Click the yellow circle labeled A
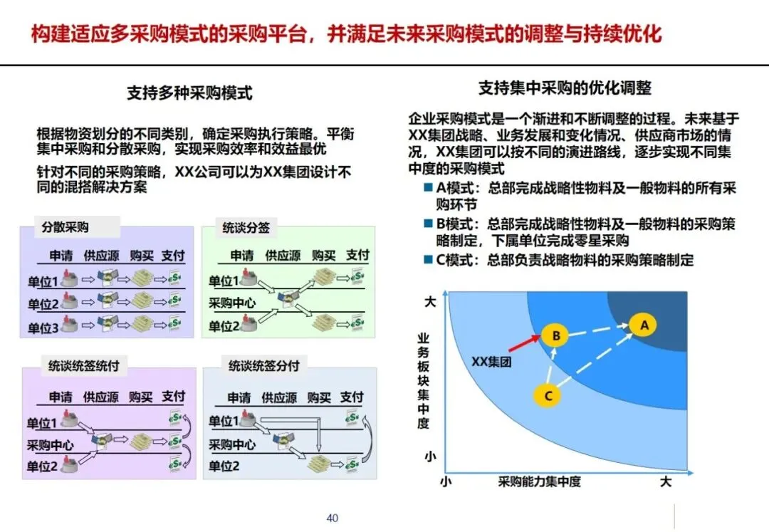(x=644, y=325)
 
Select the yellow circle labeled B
(x=555, y=335)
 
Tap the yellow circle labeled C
(x=548, y=395)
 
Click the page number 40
(x=333, y=518)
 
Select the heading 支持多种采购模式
(x=189, y=93)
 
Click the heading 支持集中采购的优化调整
(x=564, y=88)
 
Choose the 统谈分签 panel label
(x=240, y=229)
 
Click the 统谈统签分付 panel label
(x=263, y=366)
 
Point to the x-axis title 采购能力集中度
(x=540, y=481)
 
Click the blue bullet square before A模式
(x=428, y=187)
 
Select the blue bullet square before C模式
(x=428, y=259)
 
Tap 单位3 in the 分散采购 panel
(x=43, y=328)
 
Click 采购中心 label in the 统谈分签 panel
(x=232, y=303)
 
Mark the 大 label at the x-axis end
(x=665, y=481)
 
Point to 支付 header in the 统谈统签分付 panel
(x=352, y=397)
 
